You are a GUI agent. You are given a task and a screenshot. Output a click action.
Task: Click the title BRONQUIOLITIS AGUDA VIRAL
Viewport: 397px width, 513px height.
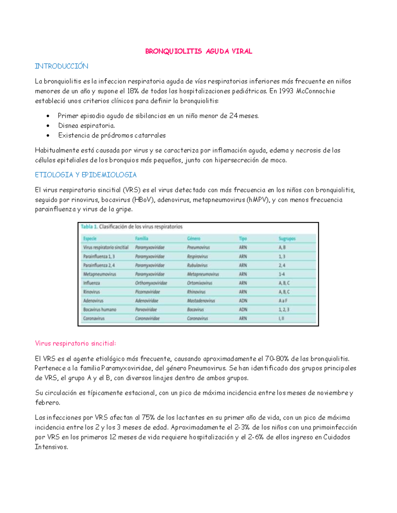coord(198,51)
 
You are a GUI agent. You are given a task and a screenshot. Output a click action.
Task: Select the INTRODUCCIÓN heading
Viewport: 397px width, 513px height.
coord(62,66)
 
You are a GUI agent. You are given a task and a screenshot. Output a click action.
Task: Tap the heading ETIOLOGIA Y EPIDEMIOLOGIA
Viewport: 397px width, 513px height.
coord(86,175)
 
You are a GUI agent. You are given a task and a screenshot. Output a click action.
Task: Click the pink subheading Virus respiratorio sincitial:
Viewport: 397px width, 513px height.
coord(75,344)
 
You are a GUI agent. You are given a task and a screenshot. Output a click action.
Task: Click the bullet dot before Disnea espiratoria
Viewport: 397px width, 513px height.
coord(48,126)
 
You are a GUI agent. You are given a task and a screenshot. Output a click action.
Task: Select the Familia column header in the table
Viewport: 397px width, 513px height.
coord(142,238)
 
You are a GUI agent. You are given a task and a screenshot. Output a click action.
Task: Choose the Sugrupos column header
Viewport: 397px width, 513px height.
coord(287,238)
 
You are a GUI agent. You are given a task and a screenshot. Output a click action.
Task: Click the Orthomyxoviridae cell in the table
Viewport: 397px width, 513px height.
coord(151,283)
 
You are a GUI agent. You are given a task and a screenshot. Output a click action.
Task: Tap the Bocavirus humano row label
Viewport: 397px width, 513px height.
coord(100,310)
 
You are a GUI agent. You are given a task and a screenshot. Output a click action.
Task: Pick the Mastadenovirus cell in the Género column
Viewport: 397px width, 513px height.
coord(201,301)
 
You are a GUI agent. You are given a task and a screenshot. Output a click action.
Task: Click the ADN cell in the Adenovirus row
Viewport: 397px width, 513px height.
coord(243,301)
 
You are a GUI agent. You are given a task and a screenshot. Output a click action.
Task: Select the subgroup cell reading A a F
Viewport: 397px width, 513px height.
coord(283,301)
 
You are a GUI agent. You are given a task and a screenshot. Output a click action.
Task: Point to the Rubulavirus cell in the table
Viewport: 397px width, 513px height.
coord(197,265)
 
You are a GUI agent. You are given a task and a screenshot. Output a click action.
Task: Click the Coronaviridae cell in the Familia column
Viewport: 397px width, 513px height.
coord(147,319)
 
